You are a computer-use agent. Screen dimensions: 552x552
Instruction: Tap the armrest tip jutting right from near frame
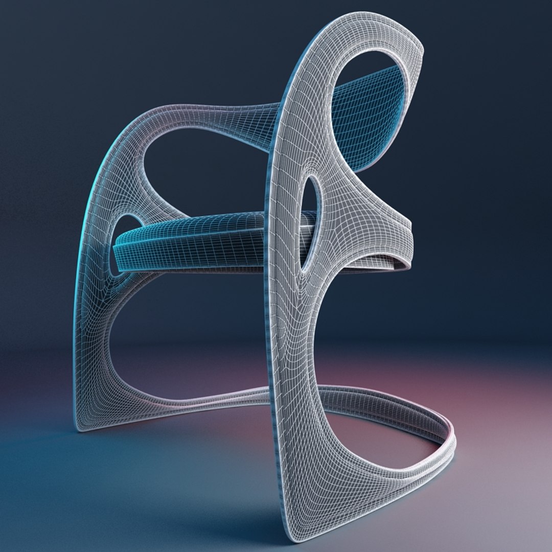(409, 225)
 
